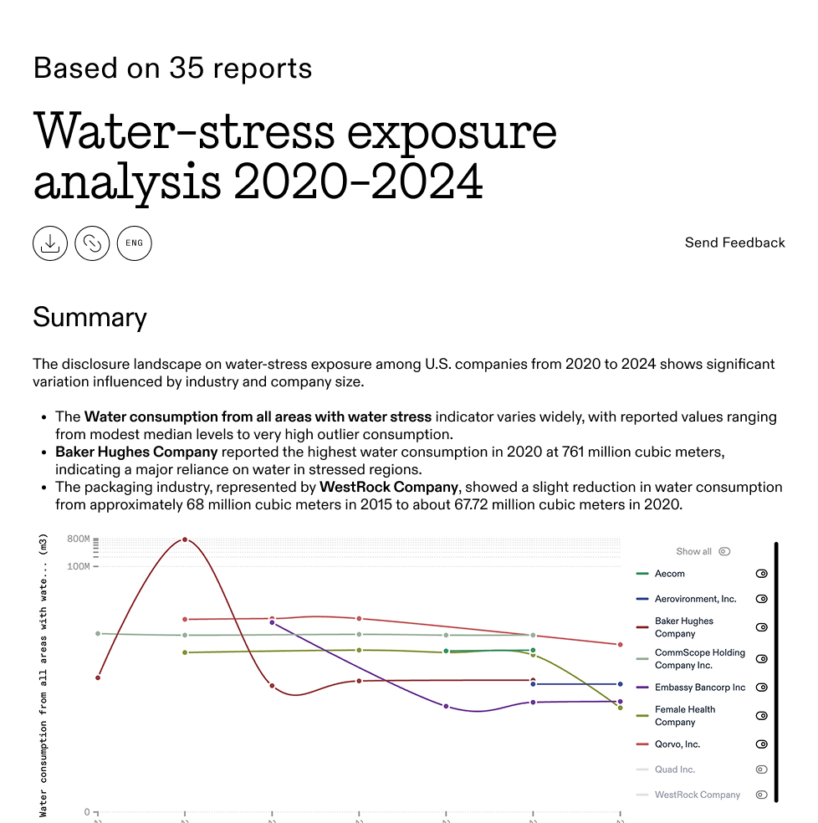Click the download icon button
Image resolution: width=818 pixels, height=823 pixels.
tap(50, 243)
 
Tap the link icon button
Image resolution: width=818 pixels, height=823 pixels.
tap(92, 243)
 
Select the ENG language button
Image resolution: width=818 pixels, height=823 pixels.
tap(134, 243)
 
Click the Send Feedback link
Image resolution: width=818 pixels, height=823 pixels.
tap(734, 243)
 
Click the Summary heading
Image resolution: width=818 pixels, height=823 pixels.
tap(89, 318)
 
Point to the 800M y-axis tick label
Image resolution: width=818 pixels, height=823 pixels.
tap(78, 539)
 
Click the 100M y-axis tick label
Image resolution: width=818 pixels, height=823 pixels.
tap(78, 566)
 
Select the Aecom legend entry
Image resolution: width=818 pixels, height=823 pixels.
tap(669, 574)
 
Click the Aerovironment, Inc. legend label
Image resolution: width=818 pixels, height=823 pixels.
tap(695, 599)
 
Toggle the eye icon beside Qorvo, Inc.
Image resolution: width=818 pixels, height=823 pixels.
tap(761, 744)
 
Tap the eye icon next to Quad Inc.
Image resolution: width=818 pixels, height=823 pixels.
tap(761, 769)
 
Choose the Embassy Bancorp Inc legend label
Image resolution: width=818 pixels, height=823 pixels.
tap(699, 688)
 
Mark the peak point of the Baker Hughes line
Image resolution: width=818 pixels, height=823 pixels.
tap(185, 539)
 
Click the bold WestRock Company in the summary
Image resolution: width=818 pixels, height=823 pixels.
tap(389, 487)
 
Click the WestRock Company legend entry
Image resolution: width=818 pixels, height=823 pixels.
tap(697, 795)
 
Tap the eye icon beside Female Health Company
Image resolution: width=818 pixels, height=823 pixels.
tap(761, 716)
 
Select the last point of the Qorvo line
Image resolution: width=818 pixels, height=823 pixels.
tap(620, 645)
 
